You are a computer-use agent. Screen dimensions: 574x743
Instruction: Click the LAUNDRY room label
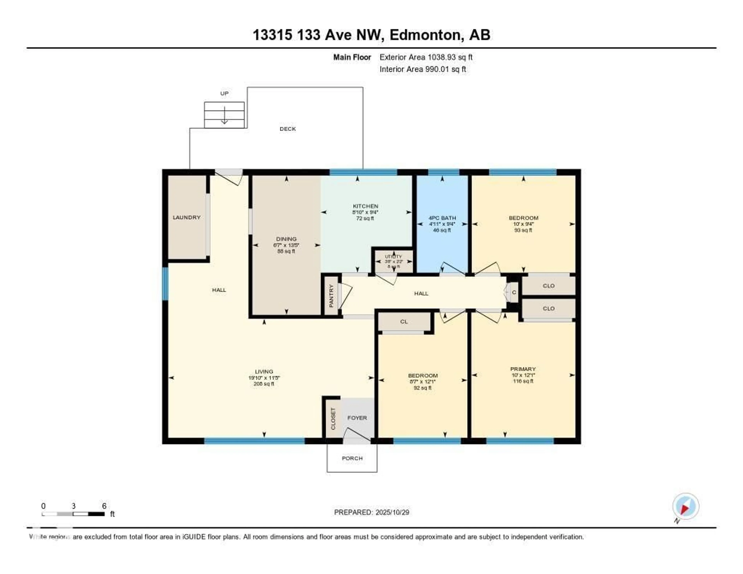(x=187, y=217)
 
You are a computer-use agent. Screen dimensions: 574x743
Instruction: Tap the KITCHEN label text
(x=365, y=206)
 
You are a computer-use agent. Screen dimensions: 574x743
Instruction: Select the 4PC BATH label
(x=442, y=218)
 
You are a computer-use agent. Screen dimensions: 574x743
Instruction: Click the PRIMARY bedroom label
(x=523, y=369)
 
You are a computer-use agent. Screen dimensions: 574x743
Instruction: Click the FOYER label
(x=357, y=418)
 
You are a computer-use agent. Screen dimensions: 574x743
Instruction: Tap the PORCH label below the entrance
(x=352, y=458)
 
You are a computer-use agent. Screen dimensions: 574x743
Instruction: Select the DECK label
(x=288, y=129)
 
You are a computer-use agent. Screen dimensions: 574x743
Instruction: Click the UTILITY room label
(x=393, y=257)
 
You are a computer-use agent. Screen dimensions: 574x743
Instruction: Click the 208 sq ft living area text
(x=264, y=384)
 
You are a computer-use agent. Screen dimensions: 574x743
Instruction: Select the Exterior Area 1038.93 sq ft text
(x=426, y=57)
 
